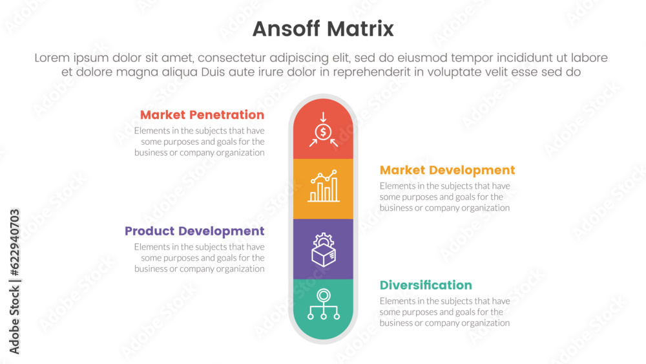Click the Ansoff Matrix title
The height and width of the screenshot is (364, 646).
323,29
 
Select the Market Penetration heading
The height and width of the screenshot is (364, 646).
202,114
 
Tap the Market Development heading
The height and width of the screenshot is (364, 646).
448,170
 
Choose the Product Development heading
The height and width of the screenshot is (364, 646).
194,231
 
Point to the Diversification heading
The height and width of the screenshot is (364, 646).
426,285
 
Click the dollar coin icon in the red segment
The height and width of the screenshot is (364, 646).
324,132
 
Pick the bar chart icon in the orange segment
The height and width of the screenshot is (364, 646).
324,186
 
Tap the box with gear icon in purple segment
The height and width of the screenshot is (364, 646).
324,250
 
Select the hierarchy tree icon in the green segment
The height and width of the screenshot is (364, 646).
324,305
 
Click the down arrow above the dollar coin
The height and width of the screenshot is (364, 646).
324,116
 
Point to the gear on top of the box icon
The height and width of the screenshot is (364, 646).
324,239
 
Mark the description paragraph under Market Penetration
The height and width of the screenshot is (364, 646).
200,142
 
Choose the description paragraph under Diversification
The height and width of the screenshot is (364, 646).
445,312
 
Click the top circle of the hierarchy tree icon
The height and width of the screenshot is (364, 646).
324,295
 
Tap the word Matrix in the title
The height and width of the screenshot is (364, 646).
360,29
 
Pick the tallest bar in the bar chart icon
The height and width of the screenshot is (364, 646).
335,189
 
